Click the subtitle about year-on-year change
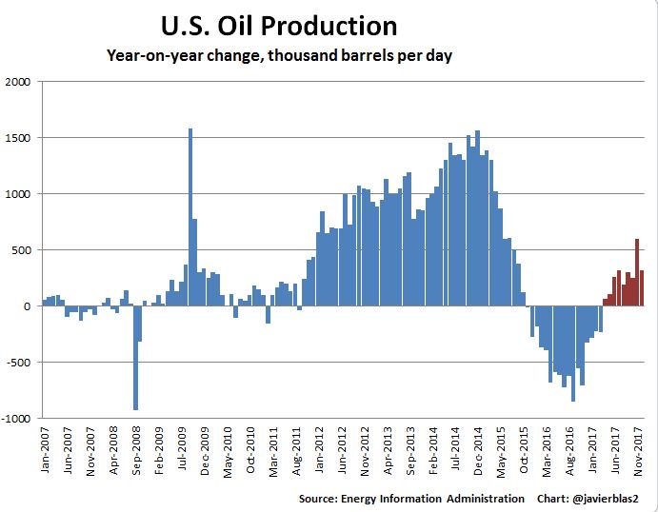pyautogui.click(x=278, y=56)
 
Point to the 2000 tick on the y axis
pyautogui.click(x=19, y=82)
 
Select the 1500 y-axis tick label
pyautogui.click(x=19, y=138)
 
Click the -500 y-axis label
pyautogui.click(x=18, y=363)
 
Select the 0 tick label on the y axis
pyautogui.click(x=29, y=306)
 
